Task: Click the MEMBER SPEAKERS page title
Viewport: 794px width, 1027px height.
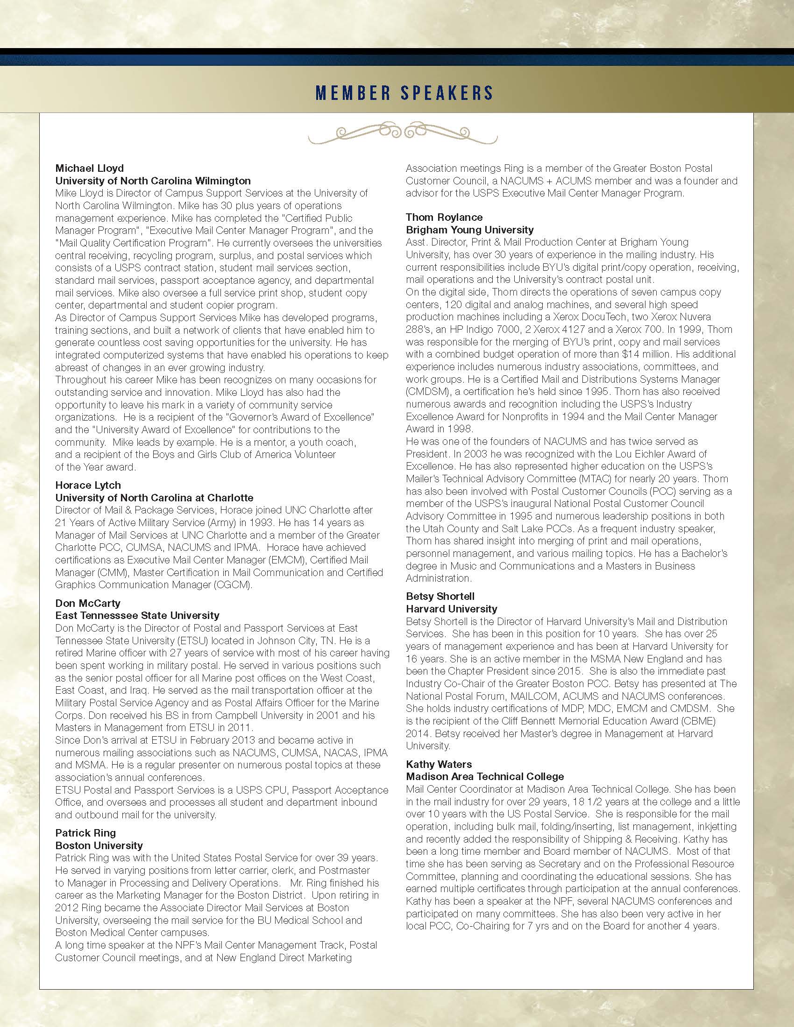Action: tap(404, 92)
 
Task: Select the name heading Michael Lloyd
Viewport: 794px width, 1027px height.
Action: tap(89, 168)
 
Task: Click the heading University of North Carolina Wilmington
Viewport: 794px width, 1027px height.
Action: tap(153, 181)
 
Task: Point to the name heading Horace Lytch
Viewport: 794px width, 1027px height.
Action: tap(88, 485)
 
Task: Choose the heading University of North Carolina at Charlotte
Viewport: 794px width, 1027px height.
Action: tap(154, 498)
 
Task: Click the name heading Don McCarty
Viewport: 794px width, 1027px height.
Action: tap(87, 603)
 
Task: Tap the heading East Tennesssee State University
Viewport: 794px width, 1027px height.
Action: tap(137, 615)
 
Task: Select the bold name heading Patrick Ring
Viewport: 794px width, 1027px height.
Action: tap(85, 833)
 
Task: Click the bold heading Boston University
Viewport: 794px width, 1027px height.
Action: tap(99, 845)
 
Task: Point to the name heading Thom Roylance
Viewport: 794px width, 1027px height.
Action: tap(444, 217)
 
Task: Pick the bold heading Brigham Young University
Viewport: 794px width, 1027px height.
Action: tap(470, 230)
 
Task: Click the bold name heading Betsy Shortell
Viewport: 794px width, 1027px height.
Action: tap(440, 596)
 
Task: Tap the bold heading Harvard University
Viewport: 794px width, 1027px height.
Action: tap(452, 608)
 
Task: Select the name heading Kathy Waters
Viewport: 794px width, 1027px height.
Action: tap(439, 764)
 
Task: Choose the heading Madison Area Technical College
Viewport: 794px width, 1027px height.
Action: tap(485, 776)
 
